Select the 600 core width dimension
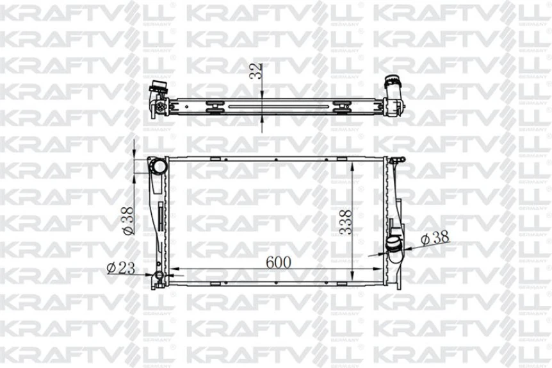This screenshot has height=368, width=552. [x=279, y=262]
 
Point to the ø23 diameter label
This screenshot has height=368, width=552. [x=121, y=267]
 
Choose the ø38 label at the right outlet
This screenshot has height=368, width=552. [x=435, y=237]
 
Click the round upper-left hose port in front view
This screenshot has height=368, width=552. [x=157, y=167]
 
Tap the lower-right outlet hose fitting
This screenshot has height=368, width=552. [x=393, y=247]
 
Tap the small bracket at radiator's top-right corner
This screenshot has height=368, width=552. [x=397, y=160]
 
